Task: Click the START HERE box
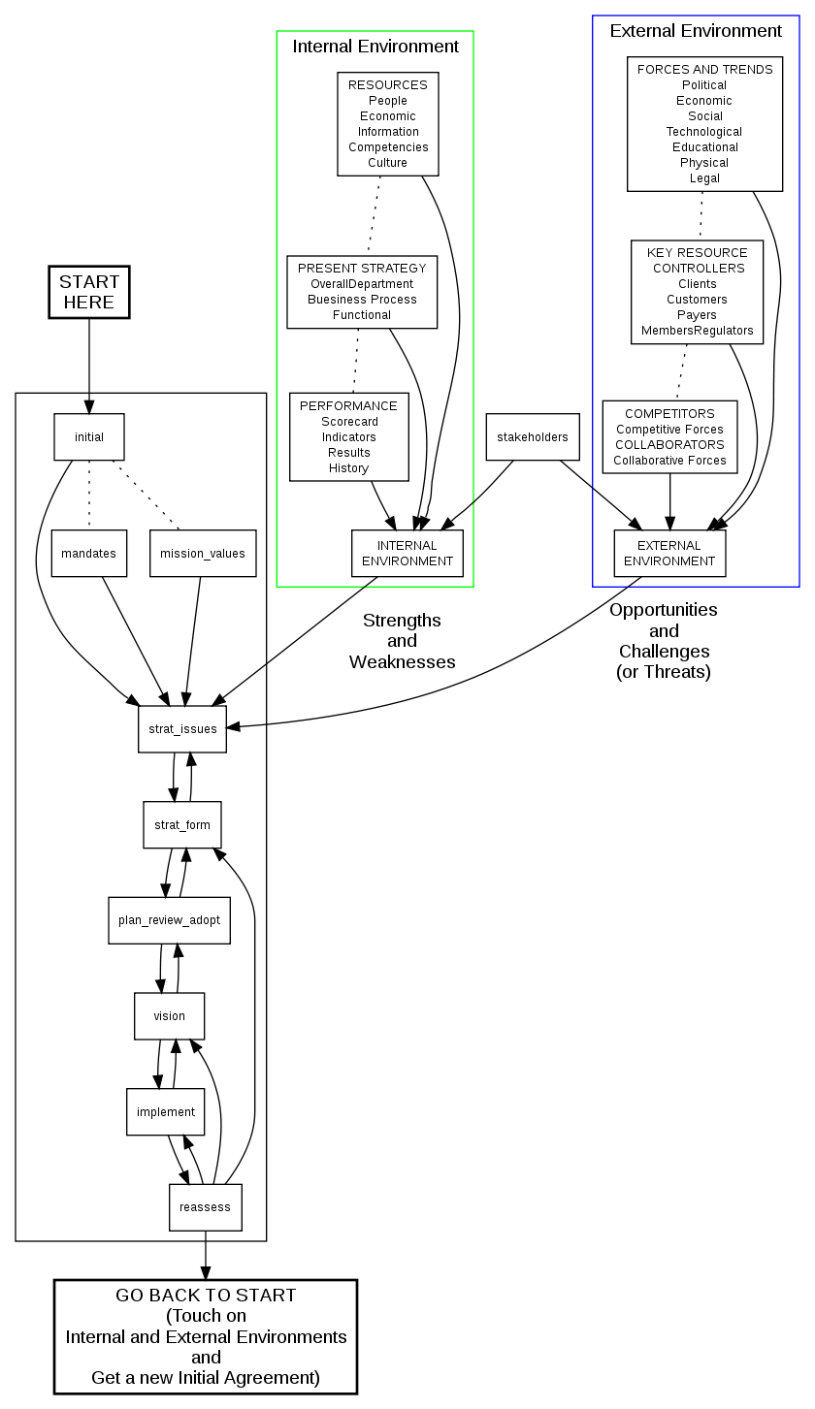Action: click(89, 292)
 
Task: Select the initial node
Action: click(89, 437)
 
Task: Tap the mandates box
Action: click(89, 554)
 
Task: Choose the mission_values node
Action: click(203, 554)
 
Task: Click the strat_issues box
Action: click(182, 729)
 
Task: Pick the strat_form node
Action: click(182, 825)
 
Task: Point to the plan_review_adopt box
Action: click(169, 920)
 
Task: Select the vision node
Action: click(169, 1016)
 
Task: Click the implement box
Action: click(165, 1112)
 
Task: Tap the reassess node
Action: click(205, 1207)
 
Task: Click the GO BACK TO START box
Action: click(206, 1336)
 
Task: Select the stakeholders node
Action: click(533, 437)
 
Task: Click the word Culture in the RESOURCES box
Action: click(388, 163)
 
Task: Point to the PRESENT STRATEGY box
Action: click(362, 292)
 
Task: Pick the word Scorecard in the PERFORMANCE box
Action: click(349, 422)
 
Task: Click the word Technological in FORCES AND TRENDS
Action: click(704, 132)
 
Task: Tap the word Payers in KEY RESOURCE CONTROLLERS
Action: click(697, 315)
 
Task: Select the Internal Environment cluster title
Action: click(375, 47)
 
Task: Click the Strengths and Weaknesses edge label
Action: click(402, 641)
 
